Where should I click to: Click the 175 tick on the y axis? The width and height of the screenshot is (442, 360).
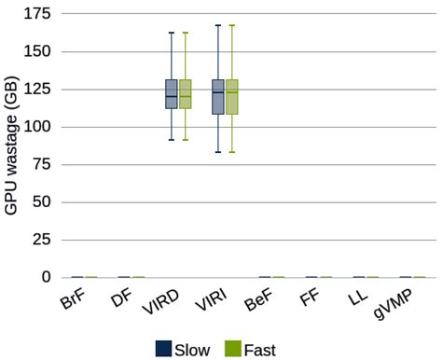tap(37, 14)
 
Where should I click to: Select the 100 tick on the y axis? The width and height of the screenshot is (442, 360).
tap(37, 127)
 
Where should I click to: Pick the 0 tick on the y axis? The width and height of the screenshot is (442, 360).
tap(46, 277)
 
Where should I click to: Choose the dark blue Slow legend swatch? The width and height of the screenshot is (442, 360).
tap(163, 349)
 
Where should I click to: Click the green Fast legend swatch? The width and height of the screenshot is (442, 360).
tap(233, 349)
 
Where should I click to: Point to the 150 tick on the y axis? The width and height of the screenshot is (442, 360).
tap(37, 51)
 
